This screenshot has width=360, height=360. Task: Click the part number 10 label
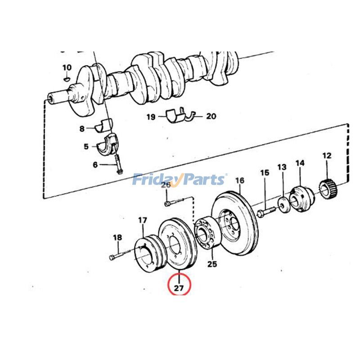pyautogui.click(x=67, y=67)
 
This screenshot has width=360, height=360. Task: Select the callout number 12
pyautogui.click(x=327, y=156)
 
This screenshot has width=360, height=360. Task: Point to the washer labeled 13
pyautogui.click(x=283, y=203)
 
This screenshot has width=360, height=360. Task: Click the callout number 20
pyautogui.click(x=211, y=116)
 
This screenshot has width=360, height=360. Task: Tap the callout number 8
pyautogui.click(x=82, y=129)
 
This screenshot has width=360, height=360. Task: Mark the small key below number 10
pyautogui.click(x=67, y=78)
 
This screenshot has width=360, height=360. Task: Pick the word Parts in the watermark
pyautogui.click(x=201, y=180)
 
